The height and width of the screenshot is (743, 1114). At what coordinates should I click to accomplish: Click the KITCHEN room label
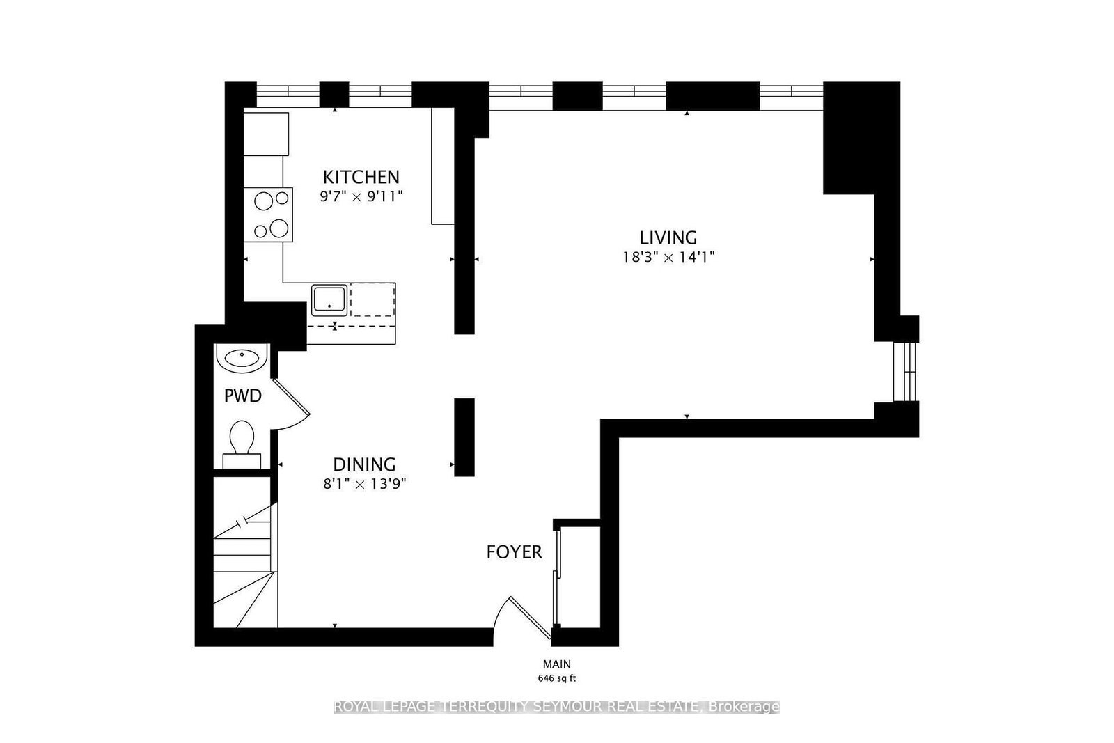click(361, 177)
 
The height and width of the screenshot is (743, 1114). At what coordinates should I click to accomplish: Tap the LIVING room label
click(668, 237)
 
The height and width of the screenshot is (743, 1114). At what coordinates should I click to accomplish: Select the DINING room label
click(364, 464)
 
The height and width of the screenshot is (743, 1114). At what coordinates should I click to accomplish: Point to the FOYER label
click(514, 552)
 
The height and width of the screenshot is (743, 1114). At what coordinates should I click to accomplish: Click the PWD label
click(243, 396)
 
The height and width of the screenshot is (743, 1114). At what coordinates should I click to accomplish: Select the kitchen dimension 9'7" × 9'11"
click(361, 197)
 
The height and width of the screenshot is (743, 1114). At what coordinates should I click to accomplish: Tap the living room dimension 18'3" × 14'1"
click(669, 257)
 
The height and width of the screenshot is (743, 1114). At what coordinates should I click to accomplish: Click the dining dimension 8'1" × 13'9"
click(365, 484)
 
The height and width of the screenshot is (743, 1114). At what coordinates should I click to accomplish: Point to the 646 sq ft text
click(556, 678)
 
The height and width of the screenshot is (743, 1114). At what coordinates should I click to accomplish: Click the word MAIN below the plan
click(556, 664)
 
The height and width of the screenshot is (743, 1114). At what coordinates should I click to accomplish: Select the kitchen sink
click(329, 300)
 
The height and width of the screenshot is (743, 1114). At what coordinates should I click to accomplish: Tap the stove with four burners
click(268, 215)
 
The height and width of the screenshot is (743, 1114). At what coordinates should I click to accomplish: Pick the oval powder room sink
click(242, 357)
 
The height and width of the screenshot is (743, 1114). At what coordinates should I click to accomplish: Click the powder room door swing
click(292, 406)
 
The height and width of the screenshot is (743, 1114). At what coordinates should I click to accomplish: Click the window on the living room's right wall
click(905, 372)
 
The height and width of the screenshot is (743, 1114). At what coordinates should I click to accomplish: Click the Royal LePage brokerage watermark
click(556, 706)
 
